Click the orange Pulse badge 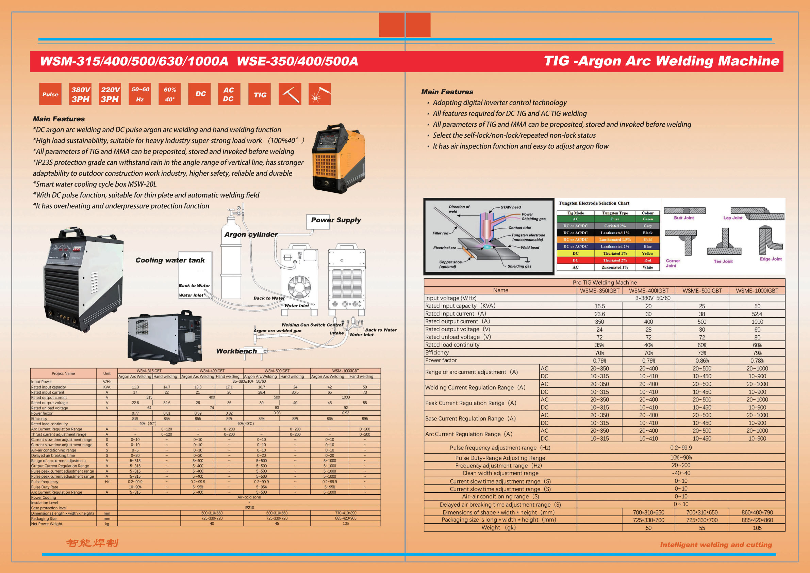(50, 94)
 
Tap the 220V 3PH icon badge (110, 94)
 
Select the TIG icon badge (260, 94)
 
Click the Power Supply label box (335, 220)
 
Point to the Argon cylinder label (251, 235)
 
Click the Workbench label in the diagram (236, 351)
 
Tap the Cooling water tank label (170, 260)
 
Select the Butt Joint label (684, 218)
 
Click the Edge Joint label (771, 259)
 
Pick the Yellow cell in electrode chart (647, 254)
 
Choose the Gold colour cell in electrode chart (647, 240)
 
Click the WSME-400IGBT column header (648, 290)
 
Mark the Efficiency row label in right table (437, 352)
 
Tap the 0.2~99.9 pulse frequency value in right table (681, 448)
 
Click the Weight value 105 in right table (757, 528)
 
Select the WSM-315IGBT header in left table (149, 371)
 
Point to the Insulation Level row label (45, 503)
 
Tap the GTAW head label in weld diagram (511, 207)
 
